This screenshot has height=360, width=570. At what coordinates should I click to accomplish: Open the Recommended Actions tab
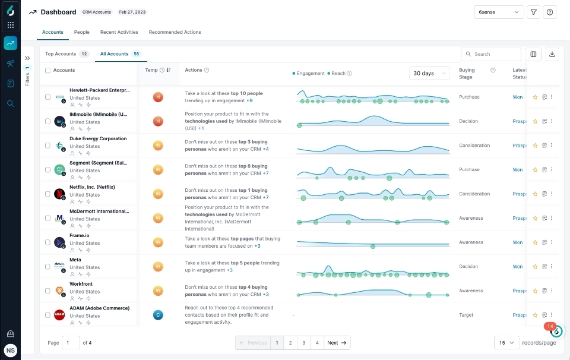(x=175, y=32)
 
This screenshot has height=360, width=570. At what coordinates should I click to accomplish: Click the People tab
(x=82, y=32)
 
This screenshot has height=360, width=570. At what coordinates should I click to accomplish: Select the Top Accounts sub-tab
(x=61, y=54)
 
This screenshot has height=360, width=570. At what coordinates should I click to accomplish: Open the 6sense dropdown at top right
(x=498, y=12)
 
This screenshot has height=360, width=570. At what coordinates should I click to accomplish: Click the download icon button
(x=552, y=54)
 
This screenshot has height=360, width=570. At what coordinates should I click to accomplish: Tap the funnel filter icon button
(x=533, y=12)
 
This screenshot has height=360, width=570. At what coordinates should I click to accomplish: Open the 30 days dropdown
(x=430, y=73)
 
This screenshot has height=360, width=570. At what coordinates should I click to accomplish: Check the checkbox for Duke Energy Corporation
(x=48, y=146)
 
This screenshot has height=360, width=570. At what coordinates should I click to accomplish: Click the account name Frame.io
(x=80, y=235)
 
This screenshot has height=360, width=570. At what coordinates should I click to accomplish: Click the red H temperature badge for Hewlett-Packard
(x=158, y=97)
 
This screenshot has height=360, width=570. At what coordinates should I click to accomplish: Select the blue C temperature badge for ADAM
(x=158, y=315)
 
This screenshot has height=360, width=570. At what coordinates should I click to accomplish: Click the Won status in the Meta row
(x=518, y=267)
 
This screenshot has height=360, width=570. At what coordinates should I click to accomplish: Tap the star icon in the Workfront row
(x=535, y=291)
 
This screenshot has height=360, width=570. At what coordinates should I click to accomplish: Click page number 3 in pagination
(x=303, y=343)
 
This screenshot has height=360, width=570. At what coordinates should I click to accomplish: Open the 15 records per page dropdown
(x=506, y=343)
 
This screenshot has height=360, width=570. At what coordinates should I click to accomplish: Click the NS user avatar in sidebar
(x=10, y=350)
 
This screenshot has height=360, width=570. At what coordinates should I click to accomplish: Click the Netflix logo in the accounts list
(x=59, y=194)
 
